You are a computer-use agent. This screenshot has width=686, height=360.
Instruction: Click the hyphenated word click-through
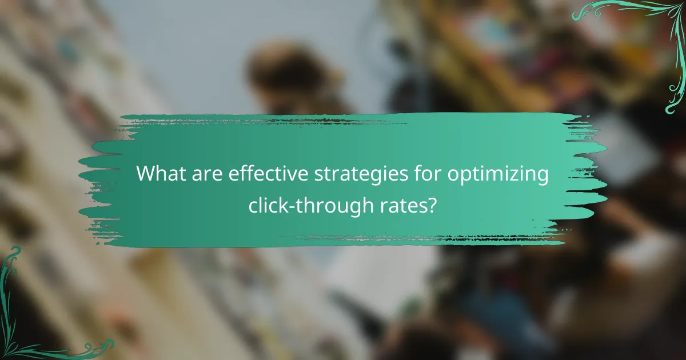coord(307,204)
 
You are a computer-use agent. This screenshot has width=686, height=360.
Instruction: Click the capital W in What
coord(146,174)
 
